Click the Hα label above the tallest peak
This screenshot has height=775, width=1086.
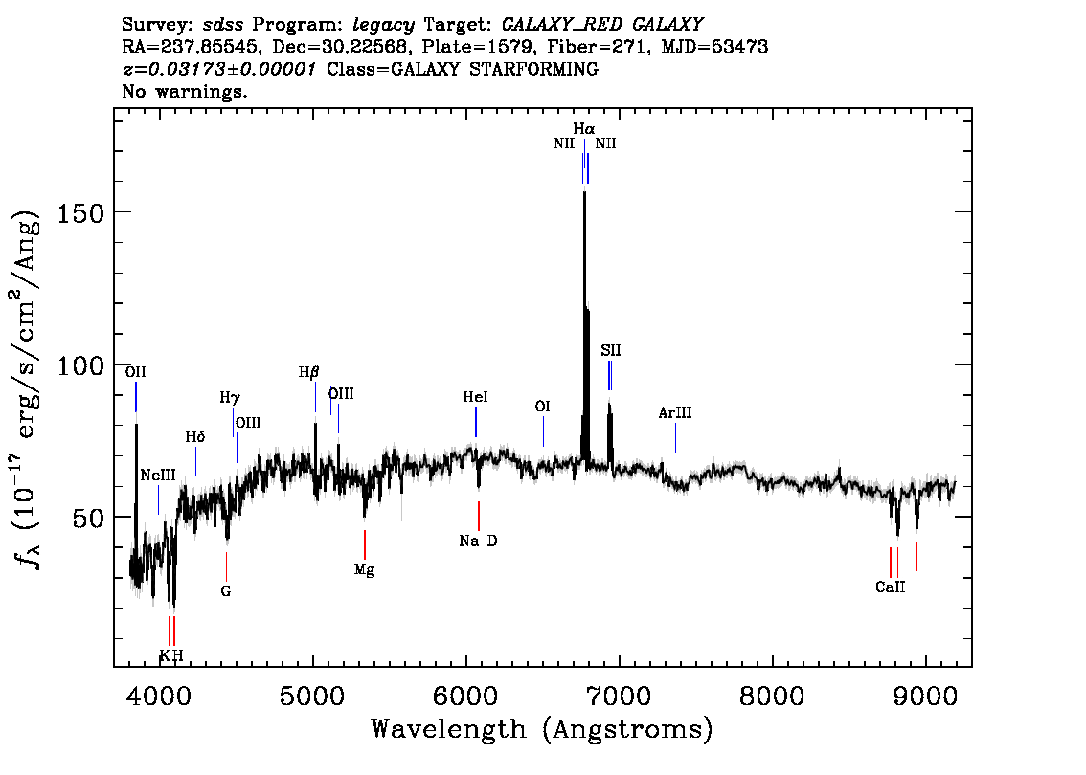click(x=584, y=129)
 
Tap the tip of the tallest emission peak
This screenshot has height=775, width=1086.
click(x=584, y=191)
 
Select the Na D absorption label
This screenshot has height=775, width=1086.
click(x=478, y=542)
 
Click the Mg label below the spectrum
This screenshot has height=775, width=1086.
click(x=364, y=570)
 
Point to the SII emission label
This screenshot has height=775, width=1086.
click(x=611, y=351)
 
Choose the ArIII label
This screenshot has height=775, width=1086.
click(x=675, y=413)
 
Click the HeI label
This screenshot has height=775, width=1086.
click(x=476, y=397)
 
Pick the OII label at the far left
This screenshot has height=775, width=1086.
click(x=136, y=372)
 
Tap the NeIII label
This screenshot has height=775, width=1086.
click(x=158, y=476)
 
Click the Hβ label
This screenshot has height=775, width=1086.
click(x=309, y=372)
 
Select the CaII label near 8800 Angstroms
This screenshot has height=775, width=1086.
click(x=890, y=587)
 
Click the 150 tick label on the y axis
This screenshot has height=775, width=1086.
click(x=80, y=213)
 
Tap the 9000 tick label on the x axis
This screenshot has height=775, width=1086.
click(x=924, y=696)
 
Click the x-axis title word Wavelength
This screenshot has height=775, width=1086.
click(x=449, y=729)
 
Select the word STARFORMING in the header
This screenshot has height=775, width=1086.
click(x=534, y=69)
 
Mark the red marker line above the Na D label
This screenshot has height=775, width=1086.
click(x=479, y=517)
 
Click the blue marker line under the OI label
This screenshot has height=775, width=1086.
click(x=543, y=432)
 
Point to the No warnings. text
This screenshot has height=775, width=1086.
click(x=185, y=91)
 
